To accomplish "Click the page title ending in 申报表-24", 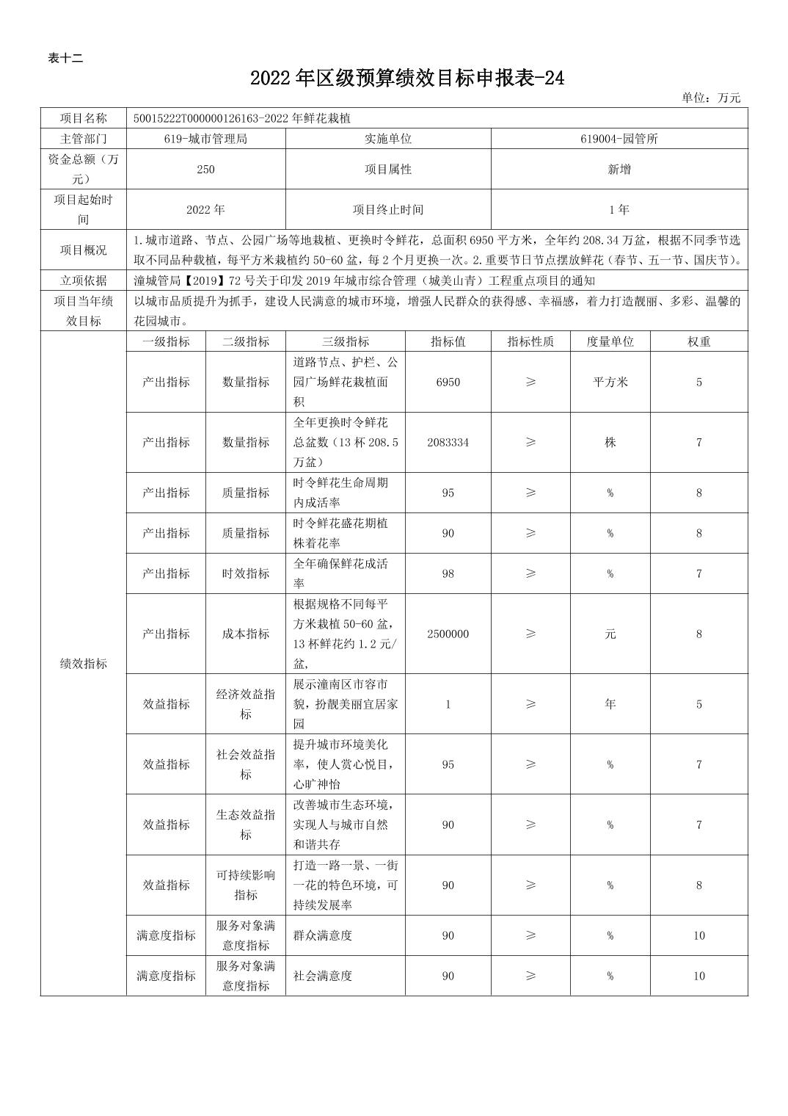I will [x=407, y=79].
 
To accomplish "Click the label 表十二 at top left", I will [x=65, y=59].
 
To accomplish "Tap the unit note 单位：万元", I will [x=710, y=98].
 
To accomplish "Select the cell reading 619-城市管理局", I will [x=205, y=138].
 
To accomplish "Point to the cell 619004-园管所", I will [x=619, y=138].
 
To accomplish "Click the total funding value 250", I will [x=205, y=169].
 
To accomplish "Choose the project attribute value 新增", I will [x=619, y=169].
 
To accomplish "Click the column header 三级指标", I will [x=345, y=341].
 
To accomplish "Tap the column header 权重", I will [x=698, y=341].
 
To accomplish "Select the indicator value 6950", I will [x=448, y=382].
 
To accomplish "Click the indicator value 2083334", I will [x=448, y=442].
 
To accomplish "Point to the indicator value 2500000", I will [x=448, y=634].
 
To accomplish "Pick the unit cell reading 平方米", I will [x=610, y=382].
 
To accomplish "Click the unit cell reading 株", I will [x=610, y=442].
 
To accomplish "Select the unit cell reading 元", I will [x=610, y=634].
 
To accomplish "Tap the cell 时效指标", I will [x=246, y=573].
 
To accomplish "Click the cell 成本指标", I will [x=246, y=634].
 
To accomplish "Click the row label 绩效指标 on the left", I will [x=83, y=663].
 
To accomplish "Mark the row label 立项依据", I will [x=83, y=280].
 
